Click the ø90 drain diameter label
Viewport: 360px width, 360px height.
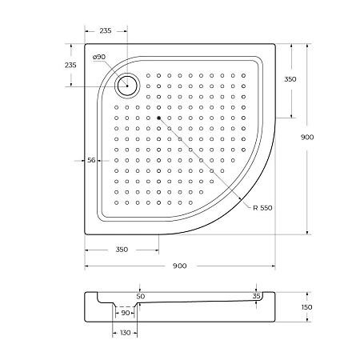[x=99, y=57]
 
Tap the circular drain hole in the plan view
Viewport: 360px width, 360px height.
[x=126, y=85]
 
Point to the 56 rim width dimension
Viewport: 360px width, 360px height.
[x=91, y=160]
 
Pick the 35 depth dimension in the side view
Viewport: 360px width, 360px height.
[x=256, y=296]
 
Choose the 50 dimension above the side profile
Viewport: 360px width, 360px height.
[x=140, y=296]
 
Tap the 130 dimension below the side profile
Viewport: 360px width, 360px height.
[x=125, y=332]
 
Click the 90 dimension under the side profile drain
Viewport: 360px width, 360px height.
[x=124, y=314]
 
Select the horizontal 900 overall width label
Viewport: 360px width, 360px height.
[x=179, y=266]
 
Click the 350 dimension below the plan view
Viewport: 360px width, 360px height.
[x=122, y=250]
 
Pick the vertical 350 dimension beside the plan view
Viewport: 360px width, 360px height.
[x=290, y=78]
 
